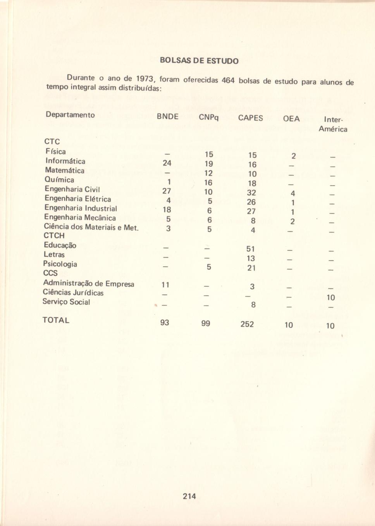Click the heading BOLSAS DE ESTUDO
coord(199,61)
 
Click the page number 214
coord(189,496)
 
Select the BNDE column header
coord(167,116)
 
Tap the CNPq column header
coord(208,117)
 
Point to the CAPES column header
coord(250,118)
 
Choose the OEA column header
coord(291,119)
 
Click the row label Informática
coord(65,161)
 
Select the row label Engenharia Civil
coord(72,189)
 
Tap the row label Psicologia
coord(60,264)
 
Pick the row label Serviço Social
coord(66,302)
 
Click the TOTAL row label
coord(56,320)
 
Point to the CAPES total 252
coord(247,324)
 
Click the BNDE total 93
coord(165,322)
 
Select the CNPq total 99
coord(206,323)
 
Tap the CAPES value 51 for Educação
coord(251,249)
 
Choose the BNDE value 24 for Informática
coord(167,163)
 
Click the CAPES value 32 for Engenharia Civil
coord(251,193)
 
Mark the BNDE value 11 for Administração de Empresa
coord(165,285)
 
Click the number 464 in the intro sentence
coord(228,81)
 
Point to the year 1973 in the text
coord(145,79)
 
